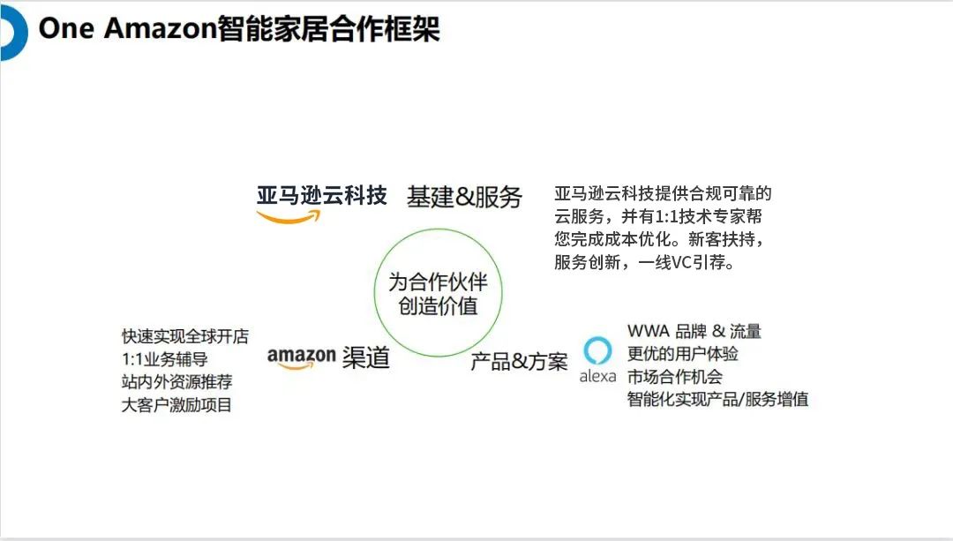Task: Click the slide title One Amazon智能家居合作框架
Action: click(x=239, y=28)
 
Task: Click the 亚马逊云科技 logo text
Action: click(x=322, y=195)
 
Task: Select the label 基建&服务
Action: click(x=464, y=197)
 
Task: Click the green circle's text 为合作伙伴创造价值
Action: click(x=438, y=294)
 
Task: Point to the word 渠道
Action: click(x=365, y=357)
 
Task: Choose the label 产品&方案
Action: click(x=519, y=361)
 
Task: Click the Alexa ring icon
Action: click(x=598, y=350)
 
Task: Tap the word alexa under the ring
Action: click(x=597, y=377)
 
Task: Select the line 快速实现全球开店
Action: click(x=185, y=336)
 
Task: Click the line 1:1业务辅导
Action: click(x=165, y=359)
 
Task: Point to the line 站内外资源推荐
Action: click(x=177, y=382)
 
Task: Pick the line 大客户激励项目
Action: click(x=177, y=405)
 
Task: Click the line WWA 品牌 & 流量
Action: click(x=694, y=331)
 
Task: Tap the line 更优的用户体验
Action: click(x=683, y=353)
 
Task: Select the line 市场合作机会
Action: click(x=675, y=376)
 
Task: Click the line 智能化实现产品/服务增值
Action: click(x=717, y=399)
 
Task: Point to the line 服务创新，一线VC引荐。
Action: click(x=644, y=262)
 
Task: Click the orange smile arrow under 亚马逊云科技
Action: click(x=289, y=218)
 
